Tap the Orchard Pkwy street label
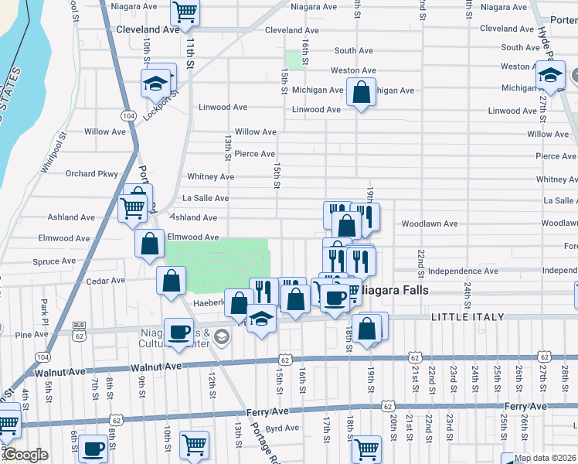pos(91,174)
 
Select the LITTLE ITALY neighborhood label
pos(467,317)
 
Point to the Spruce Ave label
pos(54,261)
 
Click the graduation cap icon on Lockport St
pos(155,82)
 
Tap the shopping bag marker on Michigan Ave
pos(361,93)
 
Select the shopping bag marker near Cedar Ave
pos(172,281)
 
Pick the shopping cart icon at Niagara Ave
pos(185,12)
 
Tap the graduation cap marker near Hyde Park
pos(550,76)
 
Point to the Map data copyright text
pos(545,458)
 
